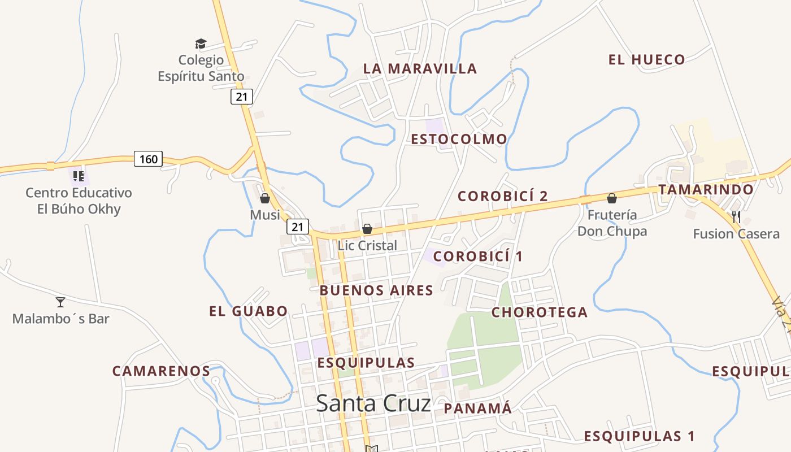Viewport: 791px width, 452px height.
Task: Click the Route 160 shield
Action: pos(148,159)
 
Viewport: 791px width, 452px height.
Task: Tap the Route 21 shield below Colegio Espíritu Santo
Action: pos(241,97)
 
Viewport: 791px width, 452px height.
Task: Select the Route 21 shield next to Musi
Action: pos(298,227)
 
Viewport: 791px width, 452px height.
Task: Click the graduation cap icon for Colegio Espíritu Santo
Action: pos(201,44)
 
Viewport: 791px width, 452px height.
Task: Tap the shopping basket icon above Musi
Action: pos(265,198)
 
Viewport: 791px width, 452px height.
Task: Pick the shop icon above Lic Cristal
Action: pos(367,229)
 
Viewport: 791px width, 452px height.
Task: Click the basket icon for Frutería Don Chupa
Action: pos(611,198)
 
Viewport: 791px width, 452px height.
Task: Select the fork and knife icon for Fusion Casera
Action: pos(736,216)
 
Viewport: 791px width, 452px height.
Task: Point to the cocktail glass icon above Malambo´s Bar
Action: pos(60,302)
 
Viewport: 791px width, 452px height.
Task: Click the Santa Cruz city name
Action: pos(373,403)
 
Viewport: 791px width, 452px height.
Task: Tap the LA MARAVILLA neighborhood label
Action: pos(420,69)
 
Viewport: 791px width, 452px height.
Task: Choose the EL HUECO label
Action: pos(646,59)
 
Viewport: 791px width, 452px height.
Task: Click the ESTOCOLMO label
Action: pos(459,139)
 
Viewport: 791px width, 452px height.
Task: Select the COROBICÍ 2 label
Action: pos(502,196)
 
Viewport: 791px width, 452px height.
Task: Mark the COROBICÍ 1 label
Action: pos(478,257)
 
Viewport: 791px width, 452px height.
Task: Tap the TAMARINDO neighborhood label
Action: pos(706,189)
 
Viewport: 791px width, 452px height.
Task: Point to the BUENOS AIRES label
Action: pos(376,290)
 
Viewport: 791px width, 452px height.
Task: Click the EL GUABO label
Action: pos(248,311)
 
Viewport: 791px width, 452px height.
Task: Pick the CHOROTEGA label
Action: pos(539,312)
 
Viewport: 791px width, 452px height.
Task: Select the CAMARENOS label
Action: pos(161,371)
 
